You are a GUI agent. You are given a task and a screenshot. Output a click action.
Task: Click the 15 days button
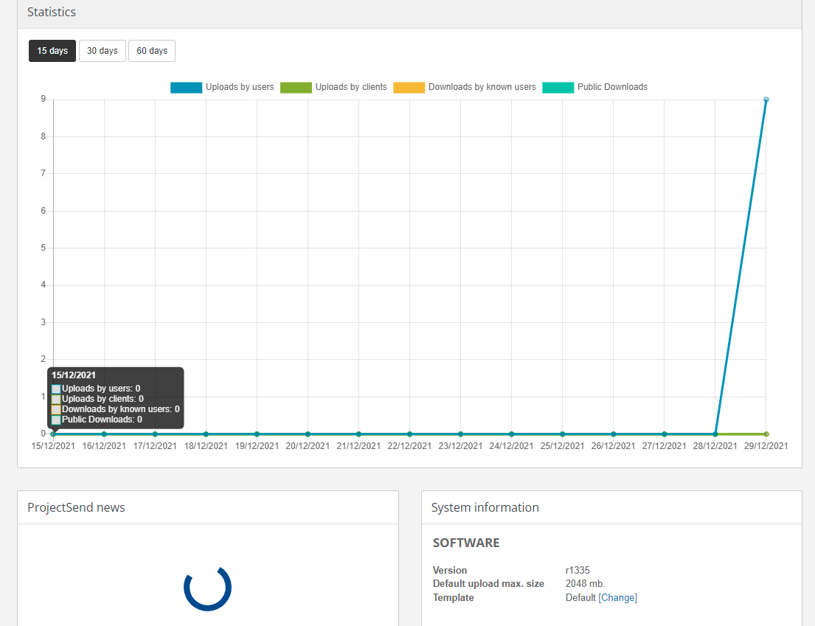[x=52, y=51]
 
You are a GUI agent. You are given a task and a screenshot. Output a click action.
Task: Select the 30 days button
[x=103, y=51]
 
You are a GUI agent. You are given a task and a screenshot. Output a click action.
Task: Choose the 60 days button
[x=152, y=51]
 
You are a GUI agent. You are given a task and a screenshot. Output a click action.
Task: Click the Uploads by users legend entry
[x=223, y=87]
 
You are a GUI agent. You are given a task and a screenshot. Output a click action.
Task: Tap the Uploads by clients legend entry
[x=334, y=87]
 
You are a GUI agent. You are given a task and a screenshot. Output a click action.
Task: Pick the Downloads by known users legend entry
[x=465, y=87]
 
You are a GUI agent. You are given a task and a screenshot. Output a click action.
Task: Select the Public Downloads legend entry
[x=595, y=87]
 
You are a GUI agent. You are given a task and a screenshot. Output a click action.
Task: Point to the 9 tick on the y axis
[x=44, y=99]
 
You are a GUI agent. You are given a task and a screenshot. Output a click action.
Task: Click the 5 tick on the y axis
[x=44, y=248]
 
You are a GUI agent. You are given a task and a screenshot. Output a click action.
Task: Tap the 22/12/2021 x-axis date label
[x=409, y=446]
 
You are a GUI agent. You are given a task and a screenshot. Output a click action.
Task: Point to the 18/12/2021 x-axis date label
[x=206, y=446]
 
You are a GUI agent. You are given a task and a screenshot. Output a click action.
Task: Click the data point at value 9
[x=766, y=100]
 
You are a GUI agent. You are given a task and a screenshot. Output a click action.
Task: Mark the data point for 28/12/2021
[x=715, y=434]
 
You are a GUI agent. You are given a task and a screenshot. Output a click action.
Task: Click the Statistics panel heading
[x=52, y=13]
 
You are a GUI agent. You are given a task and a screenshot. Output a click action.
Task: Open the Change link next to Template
[x=618, y=598]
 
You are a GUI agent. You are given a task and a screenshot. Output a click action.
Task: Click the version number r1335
[x=578, y=570]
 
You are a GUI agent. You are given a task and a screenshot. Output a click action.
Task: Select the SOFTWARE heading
[x=466, y=543]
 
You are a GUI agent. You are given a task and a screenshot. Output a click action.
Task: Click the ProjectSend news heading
[x=76, y=507]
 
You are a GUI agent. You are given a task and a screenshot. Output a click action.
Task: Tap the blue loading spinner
[x=207, y=588]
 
